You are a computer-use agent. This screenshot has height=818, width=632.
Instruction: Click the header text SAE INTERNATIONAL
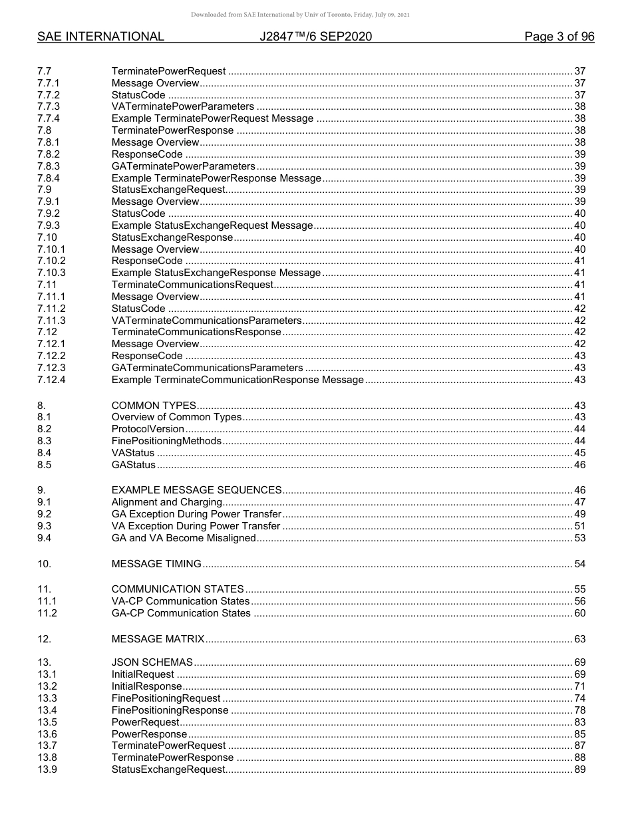100,37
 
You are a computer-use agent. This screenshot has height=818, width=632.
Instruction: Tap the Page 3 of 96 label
559,37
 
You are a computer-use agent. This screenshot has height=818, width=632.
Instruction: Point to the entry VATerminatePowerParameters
182,106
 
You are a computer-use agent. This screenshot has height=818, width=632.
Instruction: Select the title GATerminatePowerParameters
183,166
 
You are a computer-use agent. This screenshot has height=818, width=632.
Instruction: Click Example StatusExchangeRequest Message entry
212,225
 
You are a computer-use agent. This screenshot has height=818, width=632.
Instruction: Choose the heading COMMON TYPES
154,406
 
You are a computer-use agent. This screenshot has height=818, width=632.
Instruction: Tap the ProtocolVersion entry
148,429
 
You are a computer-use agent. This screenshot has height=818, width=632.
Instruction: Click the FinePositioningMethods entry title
166,441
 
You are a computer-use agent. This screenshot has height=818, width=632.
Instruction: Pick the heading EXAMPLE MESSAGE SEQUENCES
196,490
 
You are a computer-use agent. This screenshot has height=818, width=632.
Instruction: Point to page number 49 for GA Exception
579,514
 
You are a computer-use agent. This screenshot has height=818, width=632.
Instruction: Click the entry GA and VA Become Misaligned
184,538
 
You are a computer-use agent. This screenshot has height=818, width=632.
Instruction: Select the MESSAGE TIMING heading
156,564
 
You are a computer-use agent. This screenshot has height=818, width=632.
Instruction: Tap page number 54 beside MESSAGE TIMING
579,564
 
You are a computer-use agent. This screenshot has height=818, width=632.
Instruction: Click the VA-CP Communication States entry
181,601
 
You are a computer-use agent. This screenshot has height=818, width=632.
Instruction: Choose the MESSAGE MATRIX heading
158,639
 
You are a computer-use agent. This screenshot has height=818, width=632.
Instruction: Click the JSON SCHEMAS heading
152,662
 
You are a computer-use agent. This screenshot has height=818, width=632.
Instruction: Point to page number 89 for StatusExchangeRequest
579,769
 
